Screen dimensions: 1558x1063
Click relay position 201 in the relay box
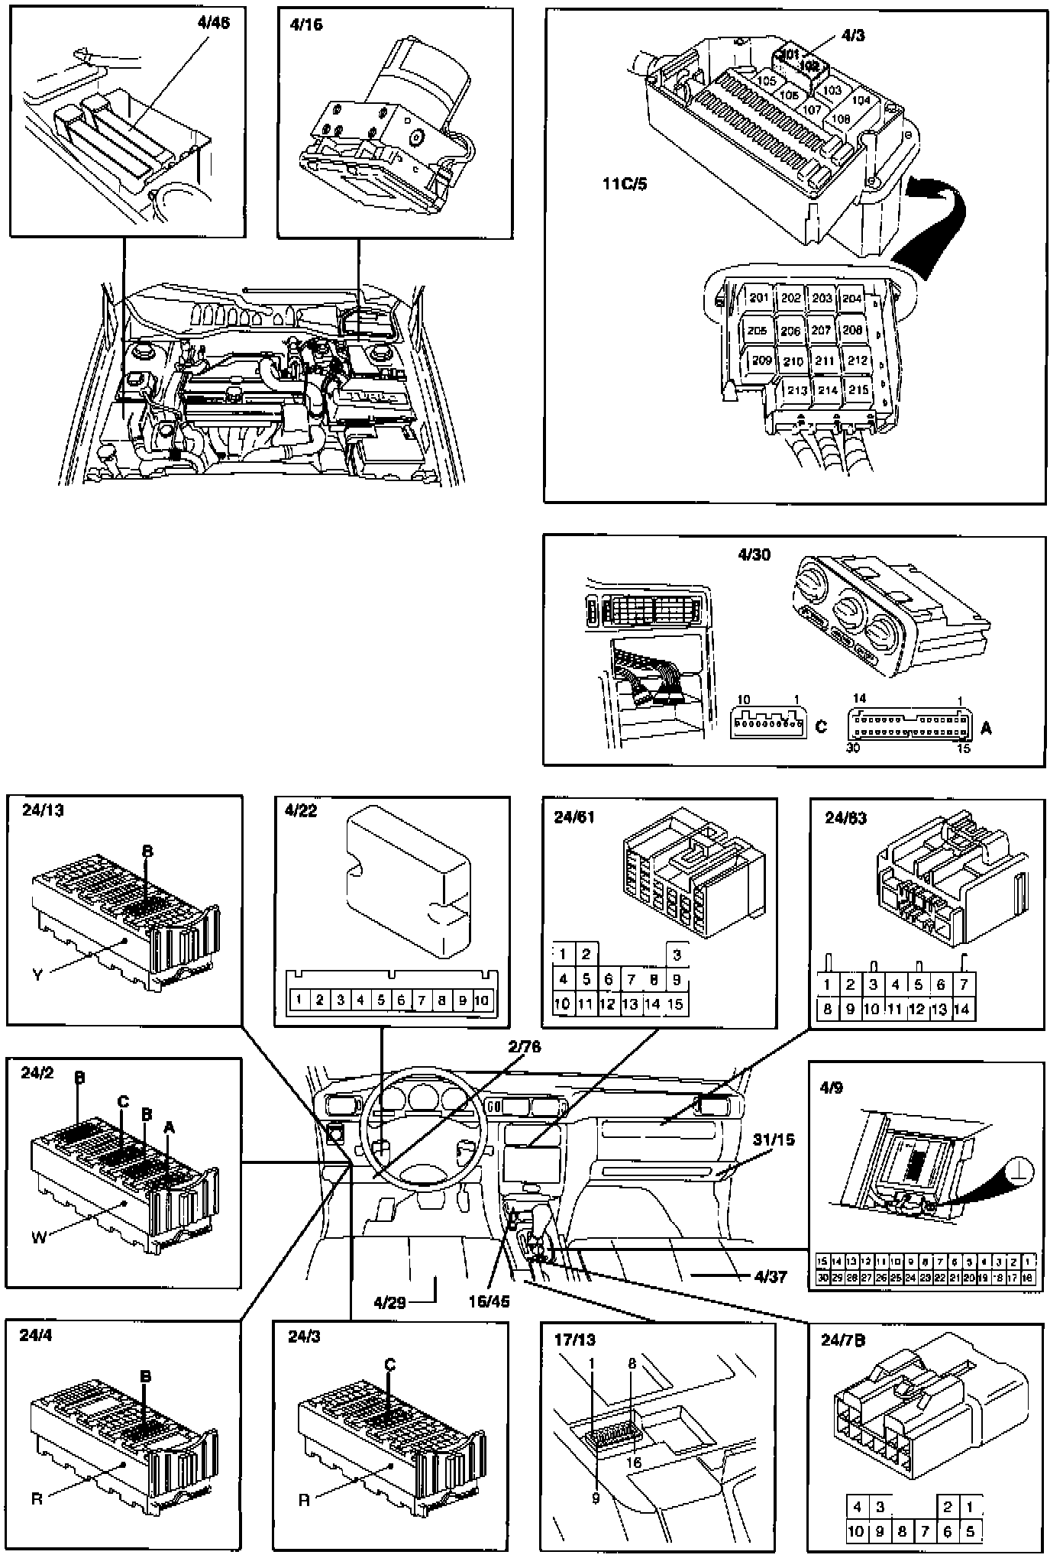[x=758, y=298]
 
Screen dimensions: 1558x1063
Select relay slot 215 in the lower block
[x=859, y=389]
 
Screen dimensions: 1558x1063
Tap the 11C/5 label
[x=623, y=184]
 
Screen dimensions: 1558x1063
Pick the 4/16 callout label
[x=306, y=25]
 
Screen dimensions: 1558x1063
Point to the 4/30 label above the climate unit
[x=754, y=555]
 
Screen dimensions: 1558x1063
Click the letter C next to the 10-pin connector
[x=821, y=726]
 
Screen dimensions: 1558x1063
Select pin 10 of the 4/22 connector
[x=481, y=1000]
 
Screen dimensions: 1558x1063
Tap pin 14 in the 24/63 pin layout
[x=962, y=1009]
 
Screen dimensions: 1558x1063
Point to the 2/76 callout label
[x=524, y=1047]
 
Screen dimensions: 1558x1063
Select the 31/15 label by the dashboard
[x=774, y=1140]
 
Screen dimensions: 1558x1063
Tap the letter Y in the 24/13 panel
[x=37, y=975]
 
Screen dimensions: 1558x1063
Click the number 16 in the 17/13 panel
[x=633, y=1463]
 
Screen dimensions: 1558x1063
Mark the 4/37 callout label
[x=770, y=1275]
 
